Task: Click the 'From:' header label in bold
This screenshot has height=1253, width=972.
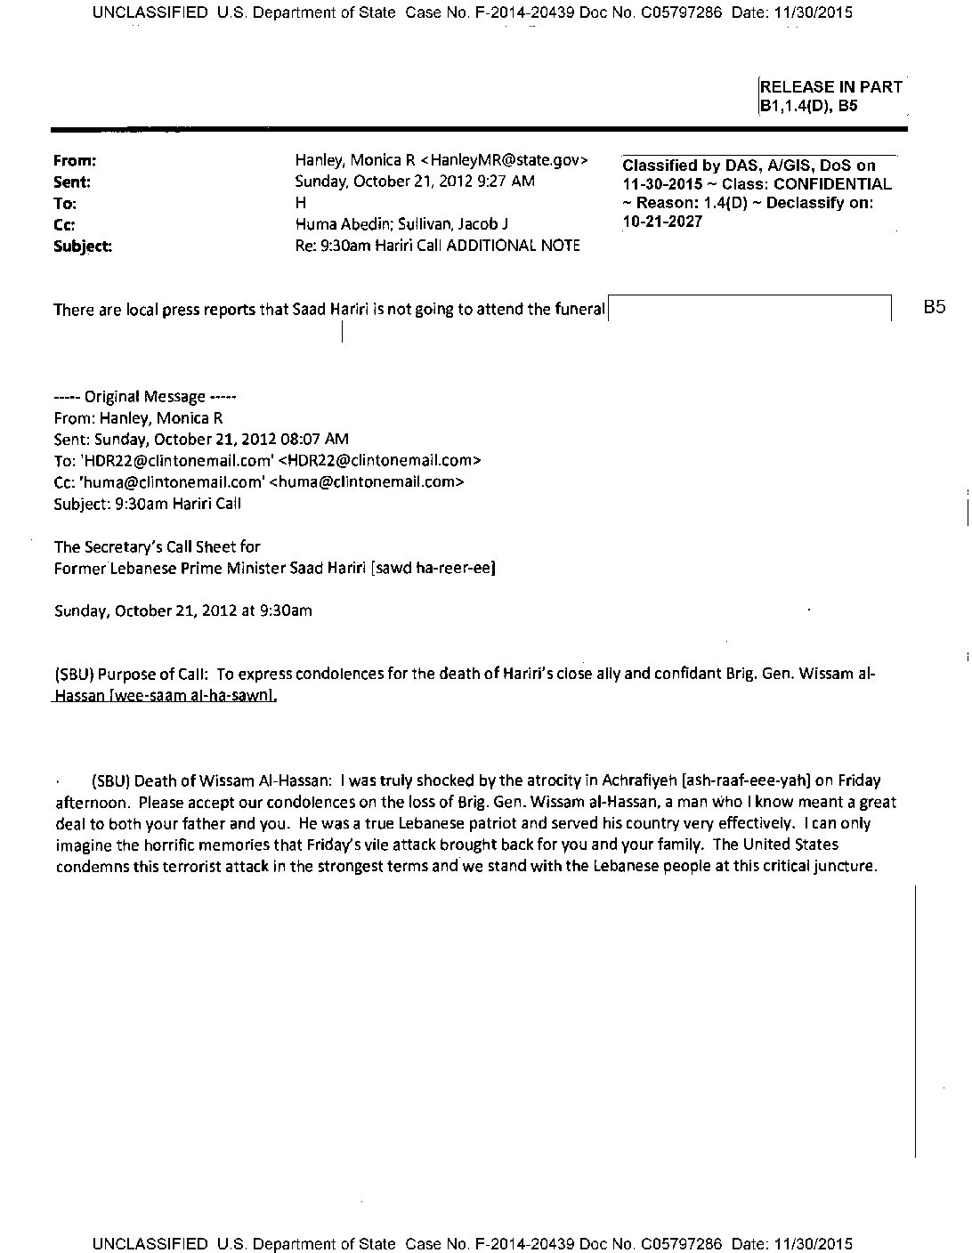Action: (x=75, y=161)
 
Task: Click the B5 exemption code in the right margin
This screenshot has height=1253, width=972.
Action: (x=934, y=308)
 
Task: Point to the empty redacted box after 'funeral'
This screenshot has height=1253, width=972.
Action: (x=749, y=308)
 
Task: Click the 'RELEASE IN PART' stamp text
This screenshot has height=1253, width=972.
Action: (x=830, y=87)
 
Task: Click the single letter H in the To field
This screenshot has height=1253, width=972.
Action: (x=300, y=203)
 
